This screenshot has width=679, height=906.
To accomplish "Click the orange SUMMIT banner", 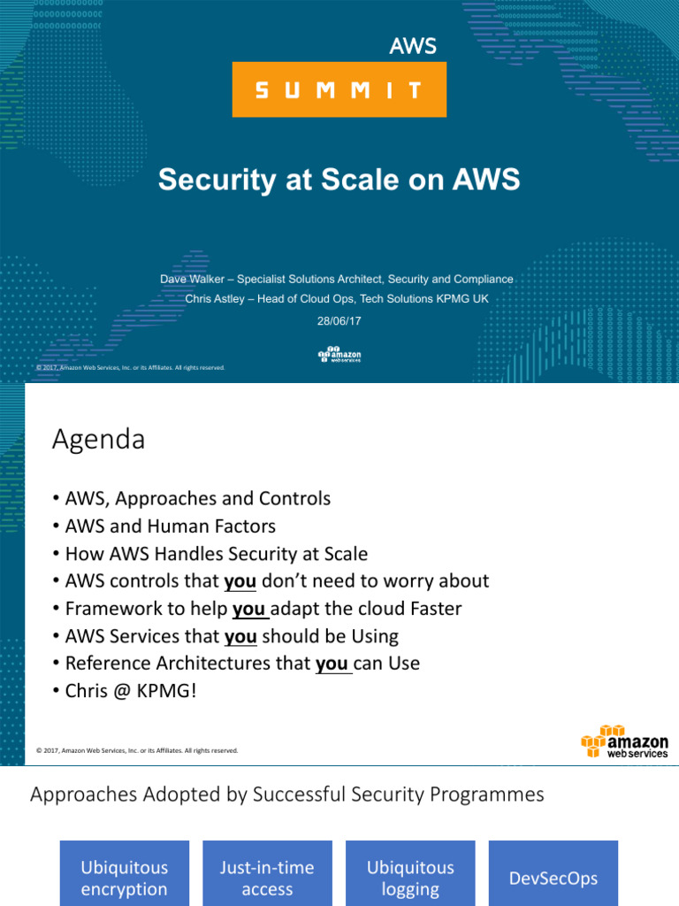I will [339, 89].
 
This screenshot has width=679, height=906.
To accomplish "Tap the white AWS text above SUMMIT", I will [413, 47].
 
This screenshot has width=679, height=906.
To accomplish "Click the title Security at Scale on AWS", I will [339, 180].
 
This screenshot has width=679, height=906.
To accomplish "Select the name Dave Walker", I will [189, 279].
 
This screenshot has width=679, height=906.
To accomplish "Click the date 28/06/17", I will [339, 321].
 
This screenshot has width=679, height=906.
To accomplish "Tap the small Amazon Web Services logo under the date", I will [339, 356].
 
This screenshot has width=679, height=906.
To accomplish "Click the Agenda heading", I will [98, 440].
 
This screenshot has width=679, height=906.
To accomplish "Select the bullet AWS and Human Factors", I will [171, 526].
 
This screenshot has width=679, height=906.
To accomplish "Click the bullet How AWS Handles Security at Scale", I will [217, 554].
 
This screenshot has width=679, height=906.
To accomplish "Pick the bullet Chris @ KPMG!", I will [130, 691].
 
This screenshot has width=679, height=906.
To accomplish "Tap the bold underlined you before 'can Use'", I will [332, 664].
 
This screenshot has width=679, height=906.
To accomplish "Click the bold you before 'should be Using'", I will [240, 636].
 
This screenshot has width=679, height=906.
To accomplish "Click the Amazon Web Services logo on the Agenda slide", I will [624, 741].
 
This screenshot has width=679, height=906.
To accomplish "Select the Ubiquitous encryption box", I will [124, 878].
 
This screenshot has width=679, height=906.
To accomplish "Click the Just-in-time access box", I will [267, 878].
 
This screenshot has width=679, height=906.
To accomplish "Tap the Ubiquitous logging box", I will [410, 878].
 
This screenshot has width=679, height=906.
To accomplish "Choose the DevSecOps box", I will [553, 878].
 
